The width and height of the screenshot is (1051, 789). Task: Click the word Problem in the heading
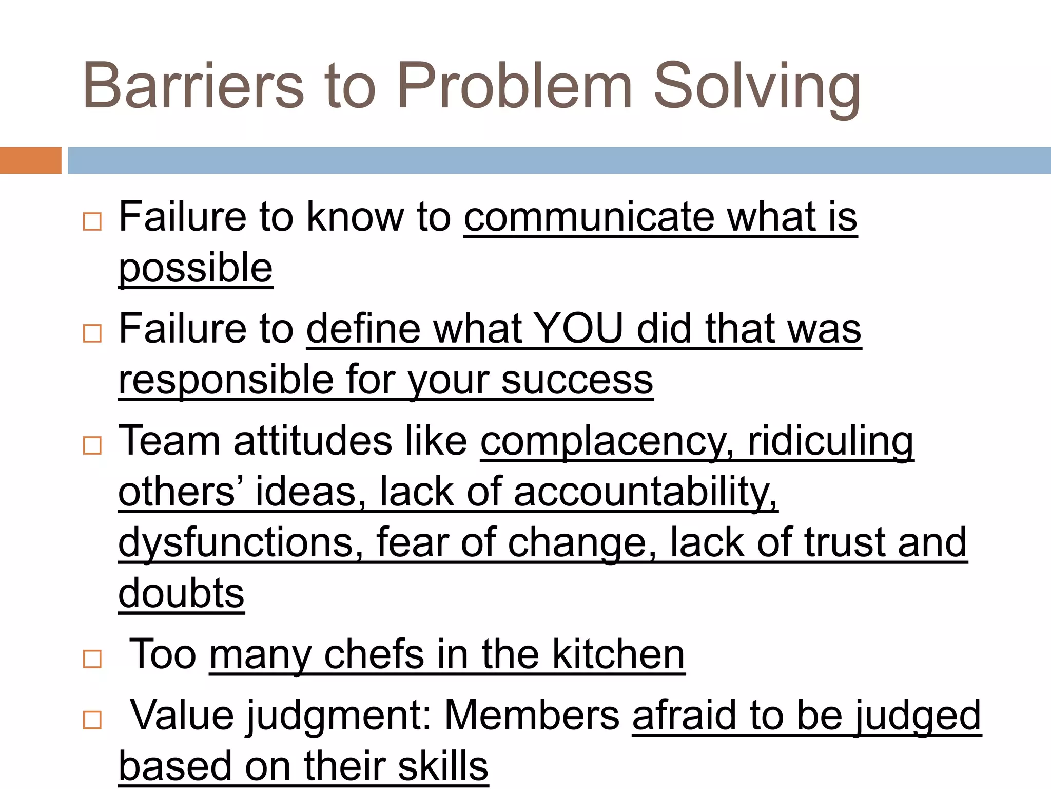tap(514, 86)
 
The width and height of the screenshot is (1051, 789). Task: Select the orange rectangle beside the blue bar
tap(30, 160)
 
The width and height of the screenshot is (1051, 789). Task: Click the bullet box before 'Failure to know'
tap(92, 221)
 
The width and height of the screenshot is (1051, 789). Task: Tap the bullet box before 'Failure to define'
tap(92, 333)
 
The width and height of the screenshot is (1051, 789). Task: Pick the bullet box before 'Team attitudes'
tap(92, 445)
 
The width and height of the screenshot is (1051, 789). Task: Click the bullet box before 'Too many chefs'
tap(92, 659)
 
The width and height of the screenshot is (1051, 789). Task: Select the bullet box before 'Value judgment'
tap(92, 720)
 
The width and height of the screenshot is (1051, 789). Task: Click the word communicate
tap(589, 217)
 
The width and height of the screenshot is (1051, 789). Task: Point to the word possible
tap(196, 268)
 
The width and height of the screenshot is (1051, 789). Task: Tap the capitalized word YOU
tap(578, 329)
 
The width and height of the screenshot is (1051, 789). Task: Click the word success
tap(577, 380)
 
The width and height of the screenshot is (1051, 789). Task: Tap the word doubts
tap(181, 593)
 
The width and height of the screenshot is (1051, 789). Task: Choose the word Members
tap(532, 715)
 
